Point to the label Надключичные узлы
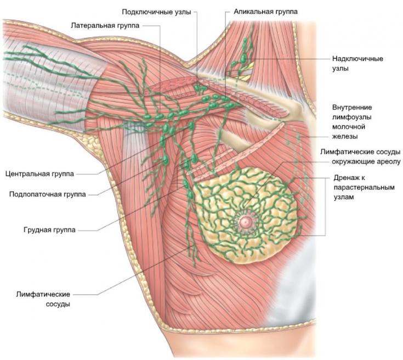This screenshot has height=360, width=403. pos(357,64)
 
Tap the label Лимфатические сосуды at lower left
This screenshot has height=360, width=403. pos(44,299)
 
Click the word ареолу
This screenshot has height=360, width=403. pos(389,161)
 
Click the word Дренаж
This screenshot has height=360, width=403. pos(347,178)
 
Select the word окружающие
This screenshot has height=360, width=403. pos(353,161)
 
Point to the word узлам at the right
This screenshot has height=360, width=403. pos(344,198)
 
